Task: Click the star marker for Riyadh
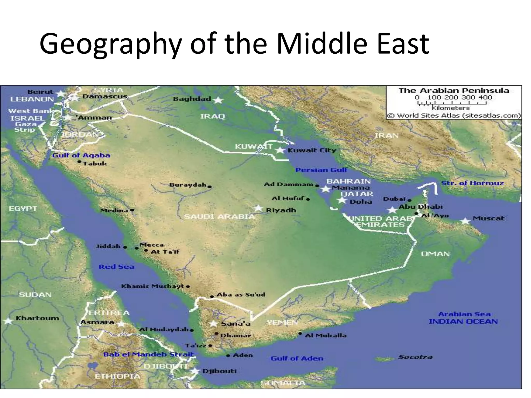click(258, 208)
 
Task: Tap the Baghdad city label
click(192, 99)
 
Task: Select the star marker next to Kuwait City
click(280, 150)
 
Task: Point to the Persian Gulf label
click(321, 170)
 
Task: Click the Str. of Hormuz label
click(472, 183)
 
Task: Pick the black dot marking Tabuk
click(79, 162)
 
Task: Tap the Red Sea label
click(116, 267)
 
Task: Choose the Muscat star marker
click(466, 221)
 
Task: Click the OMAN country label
click(435, 254)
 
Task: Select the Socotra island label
click(415, 357)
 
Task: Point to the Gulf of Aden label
click(297, 358)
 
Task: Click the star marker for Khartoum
click(8, 321)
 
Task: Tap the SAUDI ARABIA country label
click(219, 216)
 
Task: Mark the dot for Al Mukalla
click(300, 334)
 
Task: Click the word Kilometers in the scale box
click(451, 108)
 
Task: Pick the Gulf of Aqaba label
click(81, 155)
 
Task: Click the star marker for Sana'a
click(213, 323)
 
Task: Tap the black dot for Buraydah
click(209, 187)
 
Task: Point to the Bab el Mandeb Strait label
click(149, 354)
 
